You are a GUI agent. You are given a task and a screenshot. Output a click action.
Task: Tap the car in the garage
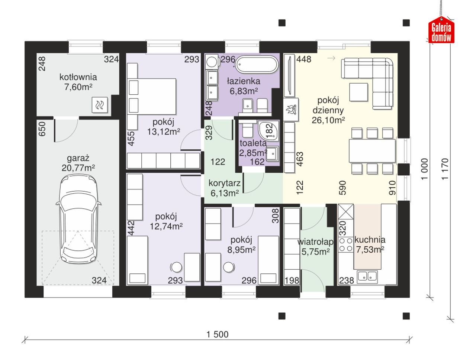coord(78,219)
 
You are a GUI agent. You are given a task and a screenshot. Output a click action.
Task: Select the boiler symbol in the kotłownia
coord(100,105)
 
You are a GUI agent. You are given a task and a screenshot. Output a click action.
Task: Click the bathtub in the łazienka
coord(257,64)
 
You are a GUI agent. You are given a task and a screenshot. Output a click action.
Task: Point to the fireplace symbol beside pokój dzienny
coord(291,109)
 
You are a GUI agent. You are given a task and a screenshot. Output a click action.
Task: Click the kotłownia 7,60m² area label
coord(78,82)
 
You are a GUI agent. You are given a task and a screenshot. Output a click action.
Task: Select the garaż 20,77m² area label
coord(78,163)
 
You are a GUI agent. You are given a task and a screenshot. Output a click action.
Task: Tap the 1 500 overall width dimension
coord(218,334)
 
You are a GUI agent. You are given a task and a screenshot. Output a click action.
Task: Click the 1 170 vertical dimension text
coord(444,169)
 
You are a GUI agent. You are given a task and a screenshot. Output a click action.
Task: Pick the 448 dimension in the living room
coord(303,59)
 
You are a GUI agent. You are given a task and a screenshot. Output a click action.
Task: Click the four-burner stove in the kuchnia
coord(346,244)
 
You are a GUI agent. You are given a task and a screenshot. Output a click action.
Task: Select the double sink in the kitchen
coord(367,277)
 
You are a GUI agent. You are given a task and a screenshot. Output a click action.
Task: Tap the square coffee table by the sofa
coord(358,92)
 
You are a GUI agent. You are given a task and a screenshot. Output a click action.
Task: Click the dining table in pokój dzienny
coord(372,151)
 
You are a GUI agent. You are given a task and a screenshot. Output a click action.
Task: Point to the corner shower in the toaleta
coord(268,131)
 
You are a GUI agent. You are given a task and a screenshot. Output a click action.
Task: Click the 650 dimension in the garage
coord(42,129)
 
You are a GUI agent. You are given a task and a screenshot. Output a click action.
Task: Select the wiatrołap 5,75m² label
coord(315,246)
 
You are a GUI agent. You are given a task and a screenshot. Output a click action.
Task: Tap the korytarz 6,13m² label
coord(225,188)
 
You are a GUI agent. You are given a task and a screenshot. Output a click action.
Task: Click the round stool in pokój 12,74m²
coord(176,267)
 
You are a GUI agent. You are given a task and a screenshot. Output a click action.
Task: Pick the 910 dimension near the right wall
coord(392,188)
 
